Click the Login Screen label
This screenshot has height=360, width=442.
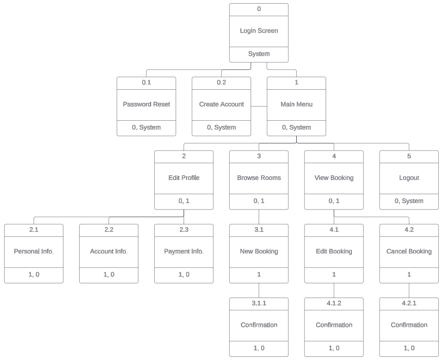(258, 31)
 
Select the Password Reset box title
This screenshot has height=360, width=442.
(146, 104)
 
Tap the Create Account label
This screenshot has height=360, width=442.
(221, 104)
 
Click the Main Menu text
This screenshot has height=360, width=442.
(296, 104)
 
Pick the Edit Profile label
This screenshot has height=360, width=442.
(184, 178)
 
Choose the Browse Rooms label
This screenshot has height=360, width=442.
(258, 178)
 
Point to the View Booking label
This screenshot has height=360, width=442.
(334, 178)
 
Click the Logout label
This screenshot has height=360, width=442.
(409, 178)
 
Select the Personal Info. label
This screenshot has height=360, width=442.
(34, 251)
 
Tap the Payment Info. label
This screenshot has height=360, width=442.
(184, 251)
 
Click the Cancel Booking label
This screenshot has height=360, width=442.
(409, 251)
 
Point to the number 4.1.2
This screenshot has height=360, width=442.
(334, 303)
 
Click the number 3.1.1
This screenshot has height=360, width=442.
(258, 303)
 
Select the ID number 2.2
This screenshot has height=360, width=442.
(109, 229)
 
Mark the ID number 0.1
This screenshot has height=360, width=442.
(146, 82)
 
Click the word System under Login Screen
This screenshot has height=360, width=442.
(258, 54)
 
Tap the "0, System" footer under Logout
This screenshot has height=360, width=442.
(409, 201)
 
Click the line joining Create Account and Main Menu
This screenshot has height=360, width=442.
(259, 107)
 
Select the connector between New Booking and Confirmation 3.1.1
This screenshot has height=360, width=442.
(259, 290)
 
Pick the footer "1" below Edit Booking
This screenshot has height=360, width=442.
(334, 274)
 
